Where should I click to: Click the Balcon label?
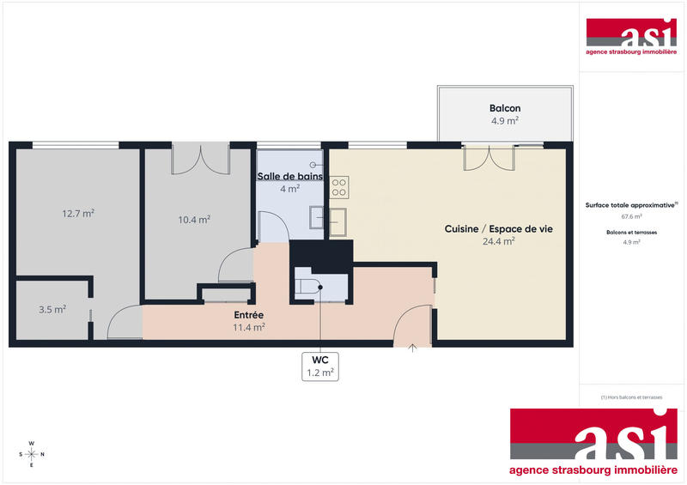pyautogui.click(x=505, y=108)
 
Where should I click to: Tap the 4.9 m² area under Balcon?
pyautogui.click(x=505, y=121)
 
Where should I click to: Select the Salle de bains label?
pyautogui.click(x=290, y=176)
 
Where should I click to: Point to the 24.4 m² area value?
pyautogui.click(x=498, y=241)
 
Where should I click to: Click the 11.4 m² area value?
pyautogui.click(x=248, y=327)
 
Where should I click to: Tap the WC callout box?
pyautogui.click(x=320, y=366)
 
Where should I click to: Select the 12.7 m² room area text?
pyautogui.click(x=77, y=214)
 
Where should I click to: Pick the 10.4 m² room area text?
pyautogui.click(x=194, y=219)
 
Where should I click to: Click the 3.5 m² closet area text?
pyautogui.click(x=52, y=309)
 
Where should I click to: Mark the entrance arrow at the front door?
pyautogui.click(x=412, y=348)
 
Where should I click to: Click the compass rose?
pyautogui.click(x=31, y=454)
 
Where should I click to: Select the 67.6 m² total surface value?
pyautogui.click(x=631, y=216)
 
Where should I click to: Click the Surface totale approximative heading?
pyautogui.click(x=631, y=205)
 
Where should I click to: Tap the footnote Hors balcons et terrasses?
pyautogui.click(x=631, y=396)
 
